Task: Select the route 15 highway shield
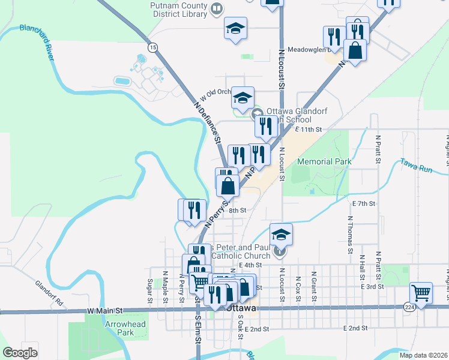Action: (153, 47)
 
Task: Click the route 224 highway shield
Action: (409, 307)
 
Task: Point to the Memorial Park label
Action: (324, 161)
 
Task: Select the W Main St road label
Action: (105, 311)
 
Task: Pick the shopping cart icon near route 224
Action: (421, 293)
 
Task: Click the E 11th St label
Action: (309, 129)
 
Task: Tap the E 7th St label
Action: (364, 204)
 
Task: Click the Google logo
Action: (20, 353)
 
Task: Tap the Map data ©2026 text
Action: (423, 355)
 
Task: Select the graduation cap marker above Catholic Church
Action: (280, 235)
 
